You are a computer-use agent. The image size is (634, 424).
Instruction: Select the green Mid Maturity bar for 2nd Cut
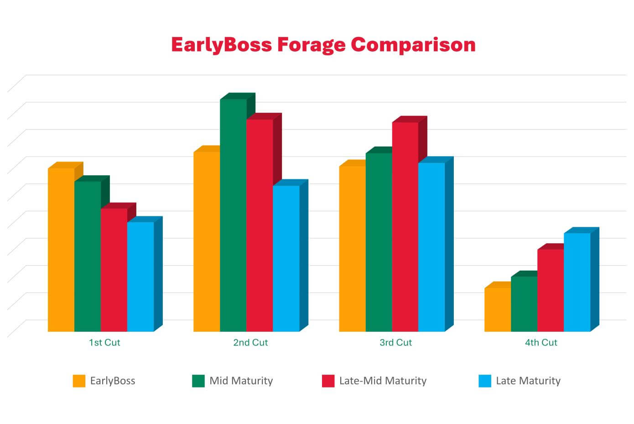(x=233, y=215)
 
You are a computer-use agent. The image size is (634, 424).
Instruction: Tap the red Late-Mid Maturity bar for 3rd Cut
(x=405, y=226)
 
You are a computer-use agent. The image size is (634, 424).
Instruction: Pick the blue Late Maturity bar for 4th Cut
(x=577, y=282)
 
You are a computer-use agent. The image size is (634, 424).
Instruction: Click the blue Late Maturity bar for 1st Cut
(x=140, y=277)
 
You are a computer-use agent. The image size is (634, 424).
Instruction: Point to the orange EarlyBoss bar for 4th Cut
(x=498, y=309)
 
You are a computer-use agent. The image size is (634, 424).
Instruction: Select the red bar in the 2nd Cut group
(x=260, y=225)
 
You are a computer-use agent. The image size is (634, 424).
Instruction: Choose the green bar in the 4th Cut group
(x=524, y=304)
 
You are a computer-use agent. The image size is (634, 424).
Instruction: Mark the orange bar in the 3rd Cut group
(x=352, y=249)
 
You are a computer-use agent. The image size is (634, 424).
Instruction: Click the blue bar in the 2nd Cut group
(x=286, y=258)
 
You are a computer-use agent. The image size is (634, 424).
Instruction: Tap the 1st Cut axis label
(x=104, y=343)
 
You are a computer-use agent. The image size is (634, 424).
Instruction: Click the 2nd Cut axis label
(x=250, y=343)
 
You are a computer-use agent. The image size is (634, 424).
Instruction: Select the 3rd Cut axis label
(x=395, y=343)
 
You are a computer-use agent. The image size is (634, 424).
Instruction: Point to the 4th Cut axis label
(x=541, y=343)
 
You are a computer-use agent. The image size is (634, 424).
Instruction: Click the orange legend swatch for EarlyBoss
(x=79, y=381)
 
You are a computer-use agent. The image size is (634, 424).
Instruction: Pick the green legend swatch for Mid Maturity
(x=198, y=381)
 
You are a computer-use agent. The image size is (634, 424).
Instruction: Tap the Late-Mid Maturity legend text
(x=383, y=381)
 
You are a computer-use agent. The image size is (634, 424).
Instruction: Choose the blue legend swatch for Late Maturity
(x=485, y=381)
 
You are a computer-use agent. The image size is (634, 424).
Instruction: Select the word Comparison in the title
(x=413, y=45)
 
